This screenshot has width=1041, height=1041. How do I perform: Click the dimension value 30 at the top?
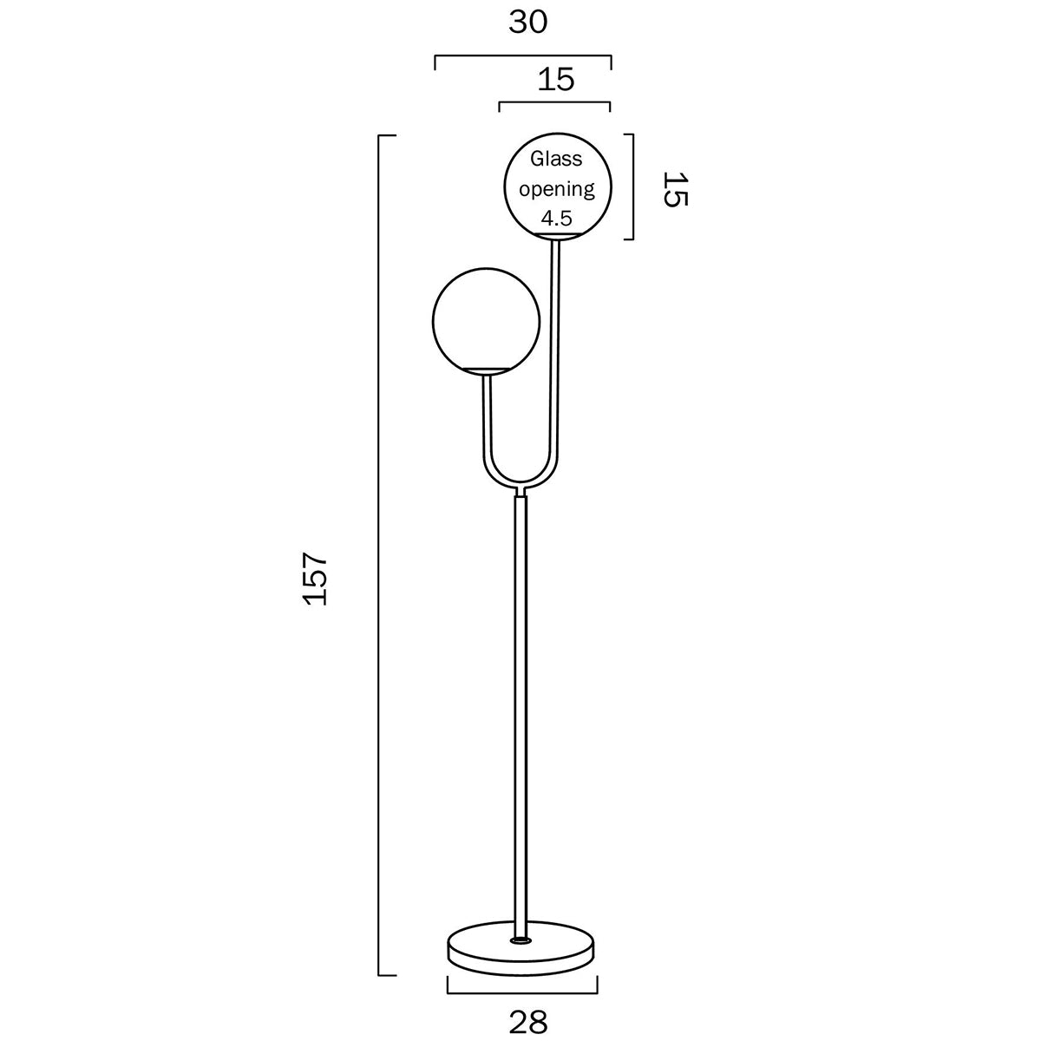pos(528,23)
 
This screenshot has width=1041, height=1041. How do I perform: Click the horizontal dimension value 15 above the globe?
pos(556,80)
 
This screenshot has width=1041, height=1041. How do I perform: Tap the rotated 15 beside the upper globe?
pos(675,188)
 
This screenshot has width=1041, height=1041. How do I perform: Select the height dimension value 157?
pos(314,577)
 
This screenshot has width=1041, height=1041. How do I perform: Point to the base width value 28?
pos(528,1022)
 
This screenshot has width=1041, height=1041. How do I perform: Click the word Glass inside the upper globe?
pos(556,160)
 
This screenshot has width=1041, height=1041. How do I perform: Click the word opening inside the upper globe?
pos(556,188)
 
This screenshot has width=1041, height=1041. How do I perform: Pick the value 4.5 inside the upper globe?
pos(556,216)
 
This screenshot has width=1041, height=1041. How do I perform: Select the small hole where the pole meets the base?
pos(521,939)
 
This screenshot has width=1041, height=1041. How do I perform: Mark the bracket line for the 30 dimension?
pos(522,56)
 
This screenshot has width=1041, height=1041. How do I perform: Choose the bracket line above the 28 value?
pos(522,992)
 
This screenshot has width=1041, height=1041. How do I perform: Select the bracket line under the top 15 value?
pos(555,103)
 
